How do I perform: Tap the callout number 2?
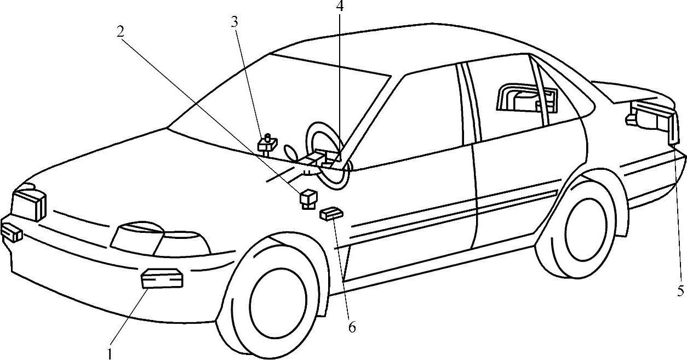(x=120, y=31)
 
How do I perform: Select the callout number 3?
(x=234, y=22)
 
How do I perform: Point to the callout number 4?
(x=340, y=7)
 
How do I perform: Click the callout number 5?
(x=680, y=290)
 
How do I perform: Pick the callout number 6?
(x=352, y=327)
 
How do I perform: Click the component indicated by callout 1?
(x=162, y=278)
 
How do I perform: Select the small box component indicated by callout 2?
(x=307, y=198)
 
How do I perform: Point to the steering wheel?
(x=327, y=156)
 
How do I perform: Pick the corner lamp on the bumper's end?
(x=11, y=232)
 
